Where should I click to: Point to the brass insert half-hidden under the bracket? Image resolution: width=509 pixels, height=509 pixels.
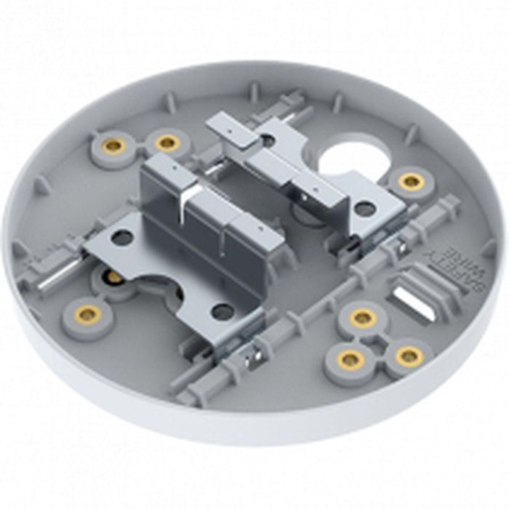(114, 277)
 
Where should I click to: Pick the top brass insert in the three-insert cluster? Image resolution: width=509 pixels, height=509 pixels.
(362, 318)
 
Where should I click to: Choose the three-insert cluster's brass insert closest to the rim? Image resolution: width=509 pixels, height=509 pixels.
(409, 356)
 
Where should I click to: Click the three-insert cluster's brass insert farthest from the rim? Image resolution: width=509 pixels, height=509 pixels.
(350, 359)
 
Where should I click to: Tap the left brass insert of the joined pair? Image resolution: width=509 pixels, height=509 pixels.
(113, 146)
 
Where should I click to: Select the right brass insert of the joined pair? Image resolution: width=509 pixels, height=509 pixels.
(167, 143)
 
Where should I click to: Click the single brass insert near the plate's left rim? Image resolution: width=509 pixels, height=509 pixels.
(88, 315)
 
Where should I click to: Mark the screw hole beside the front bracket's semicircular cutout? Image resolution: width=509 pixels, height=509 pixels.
(223, 311)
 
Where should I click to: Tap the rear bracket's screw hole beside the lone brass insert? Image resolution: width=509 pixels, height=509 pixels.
(365, 209)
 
